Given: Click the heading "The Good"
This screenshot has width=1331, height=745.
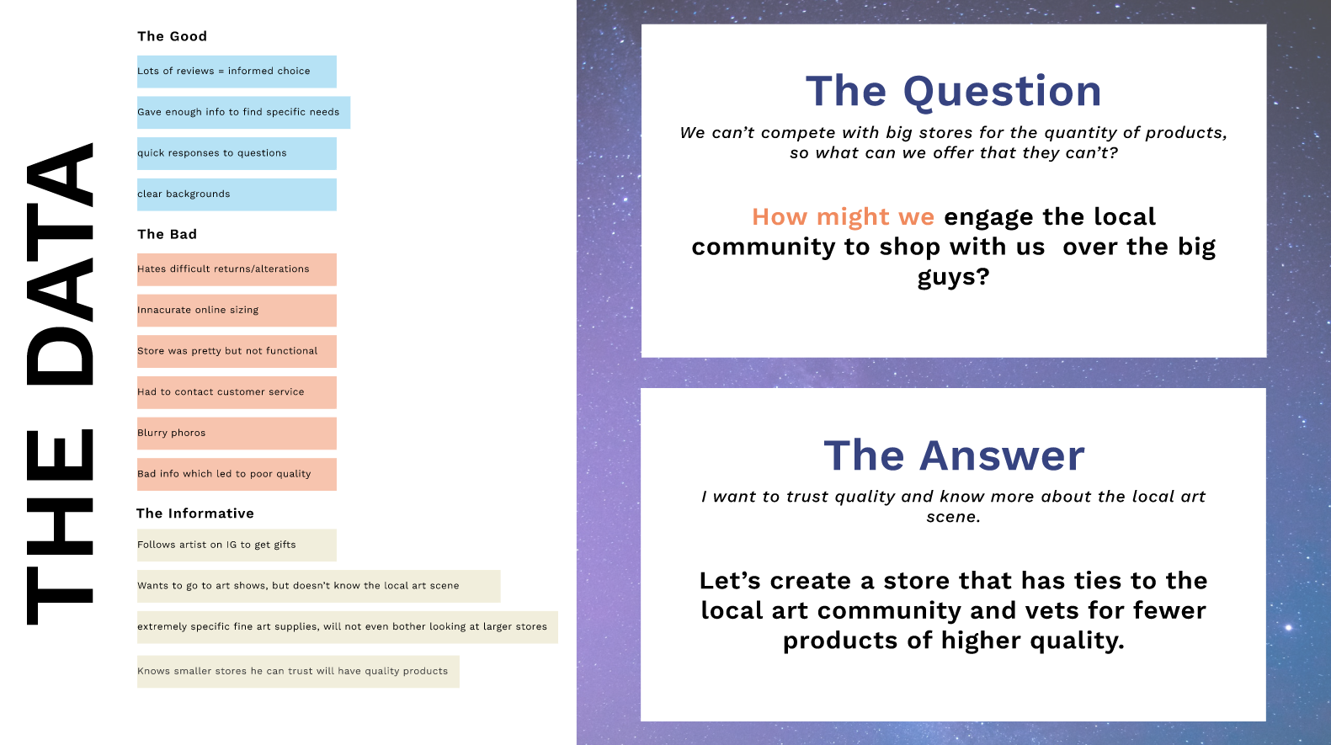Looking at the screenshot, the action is [x=173, y=36].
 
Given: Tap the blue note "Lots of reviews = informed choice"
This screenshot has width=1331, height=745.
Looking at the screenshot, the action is [x=237, y=72].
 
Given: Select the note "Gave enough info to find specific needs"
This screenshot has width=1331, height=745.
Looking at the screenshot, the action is [x=243, y=112].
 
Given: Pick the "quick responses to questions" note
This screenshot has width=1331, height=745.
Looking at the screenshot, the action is [x=237, y=153].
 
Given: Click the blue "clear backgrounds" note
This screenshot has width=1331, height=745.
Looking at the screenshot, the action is [x=237, y=194].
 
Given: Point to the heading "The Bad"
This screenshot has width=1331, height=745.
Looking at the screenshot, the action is [x=167, y=234].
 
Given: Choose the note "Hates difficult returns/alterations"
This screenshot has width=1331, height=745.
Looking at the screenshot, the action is [x=237, y=269].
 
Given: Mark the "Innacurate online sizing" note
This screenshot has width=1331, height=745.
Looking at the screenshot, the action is [x=237, y=310].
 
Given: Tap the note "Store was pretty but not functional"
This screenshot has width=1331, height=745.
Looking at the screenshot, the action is [x=237, y=351].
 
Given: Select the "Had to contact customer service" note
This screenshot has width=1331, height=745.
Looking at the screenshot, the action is [x=237, y=392].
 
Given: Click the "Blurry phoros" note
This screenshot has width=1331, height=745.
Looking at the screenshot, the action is [x=237, y=433].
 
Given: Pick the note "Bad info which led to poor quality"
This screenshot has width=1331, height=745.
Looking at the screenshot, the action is [x=237, y=474].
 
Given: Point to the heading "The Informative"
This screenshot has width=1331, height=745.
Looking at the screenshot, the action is [x=195, y=514].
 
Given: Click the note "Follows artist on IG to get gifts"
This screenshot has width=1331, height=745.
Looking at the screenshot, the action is [x=237, y=545].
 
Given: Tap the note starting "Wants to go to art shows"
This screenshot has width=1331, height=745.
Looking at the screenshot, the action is [x=318, y=586].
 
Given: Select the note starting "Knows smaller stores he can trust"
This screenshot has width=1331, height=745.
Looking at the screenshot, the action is [x=298, y=671].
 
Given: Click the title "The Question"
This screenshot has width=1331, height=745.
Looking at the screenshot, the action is [x=954, y=92].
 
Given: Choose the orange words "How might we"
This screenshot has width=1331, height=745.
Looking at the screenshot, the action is [x=844, y=217].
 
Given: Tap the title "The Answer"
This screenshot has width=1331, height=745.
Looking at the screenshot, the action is [x=954, y=455].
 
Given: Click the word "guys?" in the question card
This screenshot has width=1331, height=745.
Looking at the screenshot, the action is [x=954, y=277].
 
